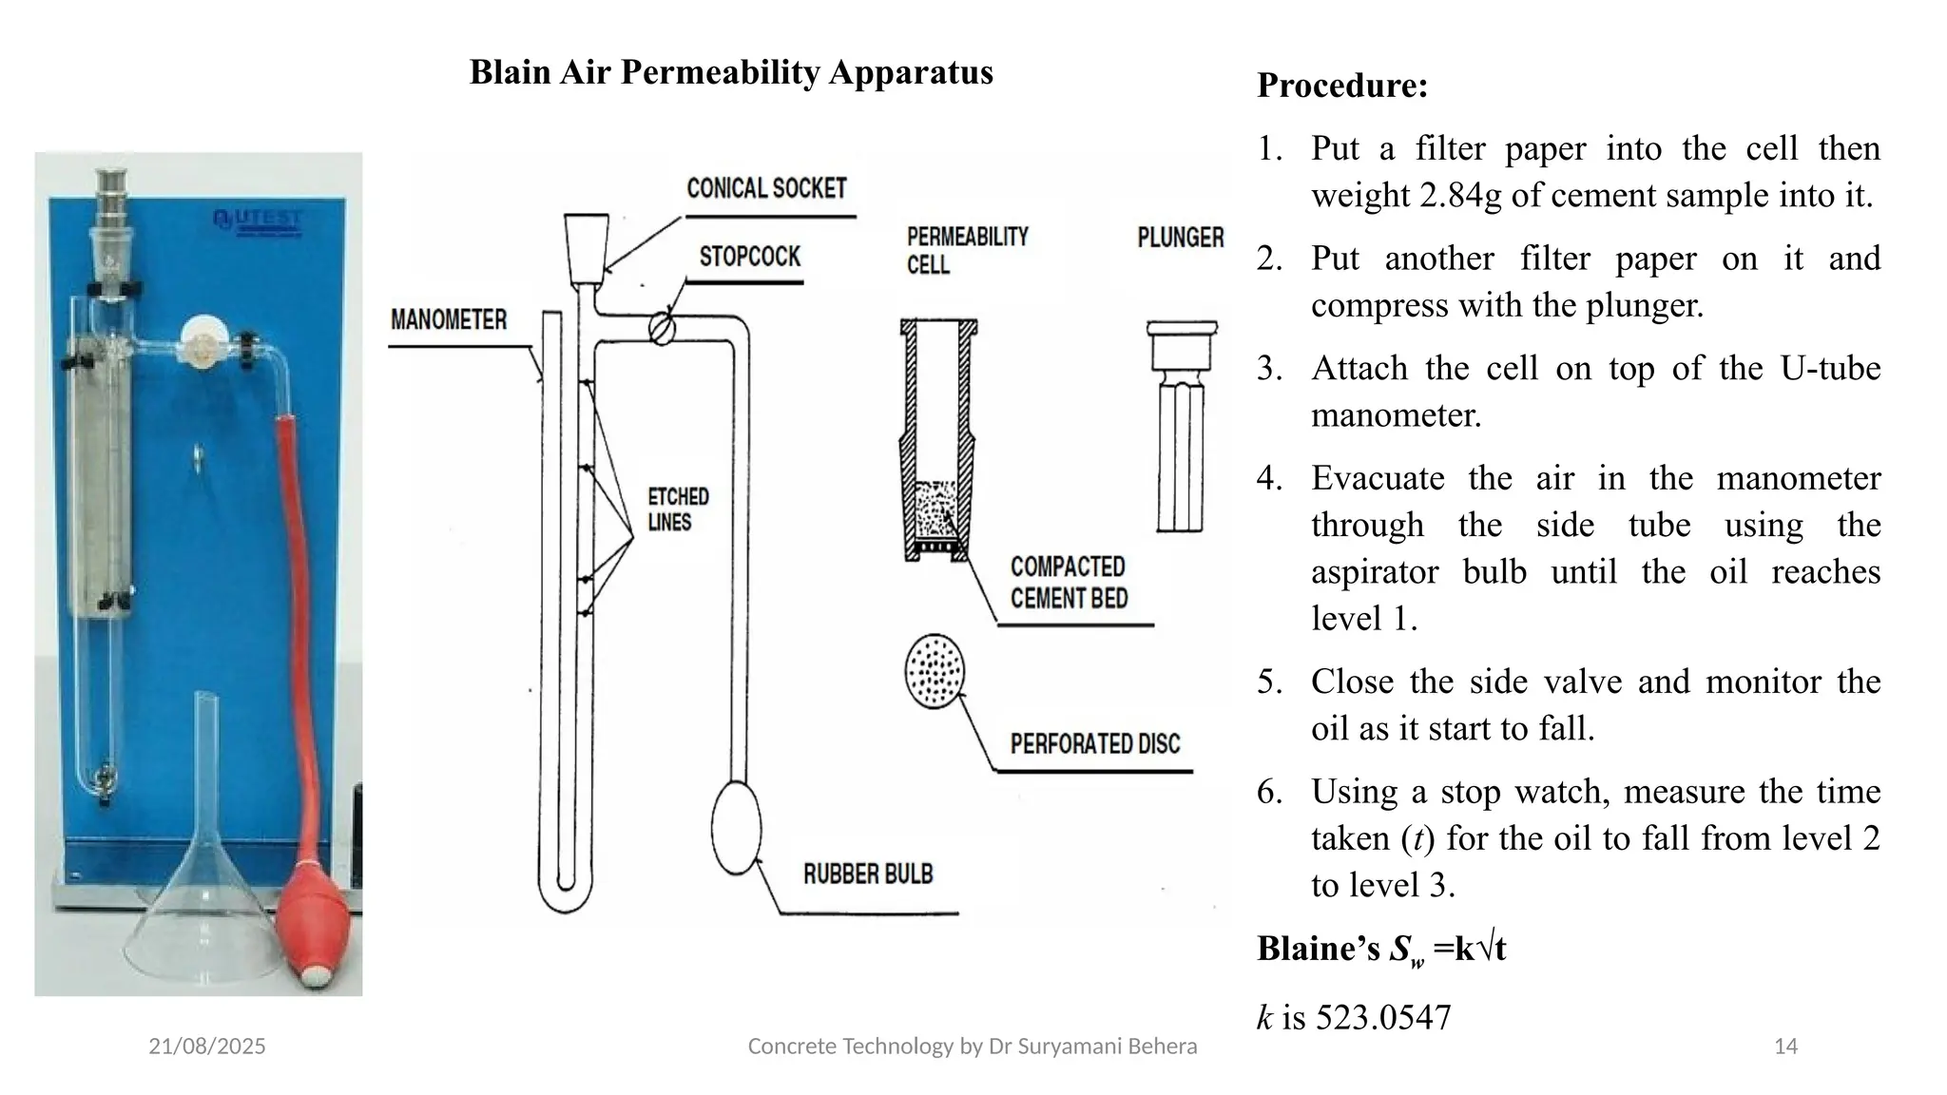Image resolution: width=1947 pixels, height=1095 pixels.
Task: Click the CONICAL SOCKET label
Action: [x=766, y=188]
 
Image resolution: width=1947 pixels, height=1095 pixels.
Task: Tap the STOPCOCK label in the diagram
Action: [x=750, y=257]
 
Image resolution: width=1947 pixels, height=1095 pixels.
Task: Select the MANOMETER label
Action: [x=449, y=319]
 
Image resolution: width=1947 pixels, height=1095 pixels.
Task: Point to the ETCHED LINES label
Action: [x=678, y=509]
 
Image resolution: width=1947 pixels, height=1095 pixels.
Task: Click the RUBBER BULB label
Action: [x=868, y=874]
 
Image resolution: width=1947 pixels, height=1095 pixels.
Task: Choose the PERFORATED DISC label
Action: [x=1094, y=743]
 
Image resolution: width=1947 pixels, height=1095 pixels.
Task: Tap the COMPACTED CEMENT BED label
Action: [x=1068, y=582]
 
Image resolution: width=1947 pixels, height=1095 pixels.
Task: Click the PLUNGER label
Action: [x=1180, y=237]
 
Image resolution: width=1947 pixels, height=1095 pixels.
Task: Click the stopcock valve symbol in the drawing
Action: [x=663, y=329]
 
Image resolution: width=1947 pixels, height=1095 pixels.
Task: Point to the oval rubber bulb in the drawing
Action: [x=737, y=826]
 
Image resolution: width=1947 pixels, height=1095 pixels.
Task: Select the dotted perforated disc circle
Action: [x=935, y=670]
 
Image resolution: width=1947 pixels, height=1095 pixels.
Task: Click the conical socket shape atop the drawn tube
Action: [x=586, y=248]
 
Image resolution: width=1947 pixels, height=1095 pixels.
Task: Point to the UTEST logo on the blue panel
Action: [x=258, y=221]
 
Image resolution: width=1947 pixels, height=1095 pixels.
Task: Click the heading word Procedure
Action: [x=1341, y=86]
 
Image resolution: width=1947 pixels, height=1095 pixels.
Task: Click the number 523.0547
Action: [x=1383, y=1017]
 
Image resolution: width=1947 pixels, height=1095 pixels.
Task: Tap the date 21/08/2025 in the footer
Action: [x=207, y=1047]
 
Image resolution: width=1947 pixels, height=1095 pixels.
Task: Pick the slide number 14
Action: [x=1785, y=1047]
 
